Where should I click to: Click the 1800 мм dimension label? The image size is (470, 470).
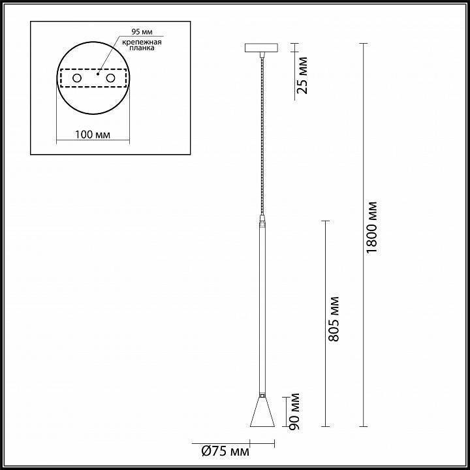click(x=372, y=227)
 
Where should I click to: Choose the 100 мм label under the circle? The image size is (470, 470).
click(x=91, y=134)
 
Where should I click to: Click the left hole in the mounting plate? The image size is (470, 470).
click(x=76, y=78)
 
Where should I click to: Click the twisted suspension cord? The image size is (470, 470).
click(x=262, y=131)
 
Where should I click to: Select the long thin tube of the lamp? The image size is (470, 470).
click(x=262, y=307)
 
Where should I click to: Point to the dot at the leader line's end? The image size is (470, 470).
click(x=98, y=74)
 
